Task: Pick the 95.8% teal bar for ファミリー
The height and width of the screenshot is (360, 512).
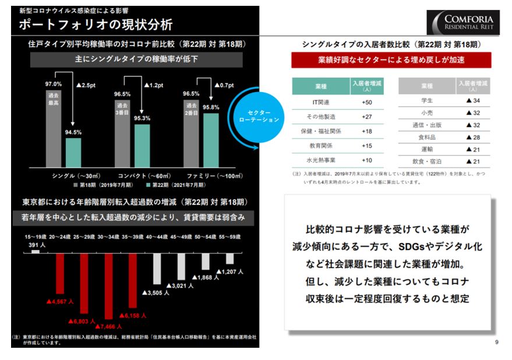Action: point(211,140)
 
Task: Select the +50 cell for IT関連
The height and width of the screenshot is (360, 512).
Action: point(366,103)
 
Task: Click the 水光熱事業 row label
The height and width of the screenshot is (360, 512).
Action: point(321,160)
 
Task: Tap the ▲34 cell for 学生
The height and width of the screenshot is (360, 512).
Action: point(472,101)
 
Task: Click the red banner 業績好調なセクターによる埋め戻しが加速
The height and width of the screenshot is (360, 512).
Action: point(391,59)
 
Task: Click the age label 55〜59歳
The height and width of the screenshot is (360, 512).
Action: point(231,238)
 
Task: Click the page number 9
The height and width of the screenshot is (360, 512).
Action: point(496,342)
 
